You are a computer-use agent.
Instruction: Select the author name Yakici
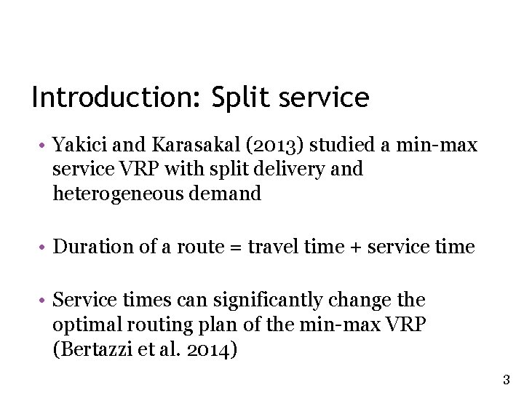pyautogui.click(x=76, y=146)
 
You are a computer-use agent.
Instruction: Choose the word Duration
pyautogui.click(x=87, y=247)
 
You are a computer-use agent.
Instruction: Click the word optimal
pyautogui.click(x=81, y=325)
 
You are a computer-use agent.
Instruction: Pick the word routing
pyautogui.click(x=145, y=325)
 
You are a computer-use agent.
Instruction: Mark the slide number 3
pyautogui.click(x=507, y=379)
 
